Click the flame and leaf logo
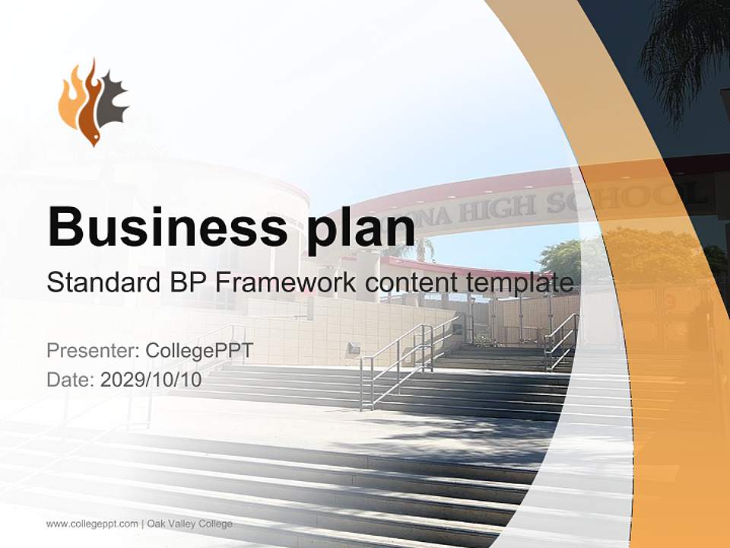94,102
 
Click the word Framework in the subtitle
287,283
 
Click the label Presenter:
92,351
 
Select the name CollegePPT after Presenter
198,351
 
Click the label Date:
71,379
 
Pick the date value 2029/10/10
151,379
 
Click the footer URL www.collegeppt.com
92,524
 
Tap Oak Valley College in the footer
190,524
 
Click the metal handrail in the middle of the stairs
395,365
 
